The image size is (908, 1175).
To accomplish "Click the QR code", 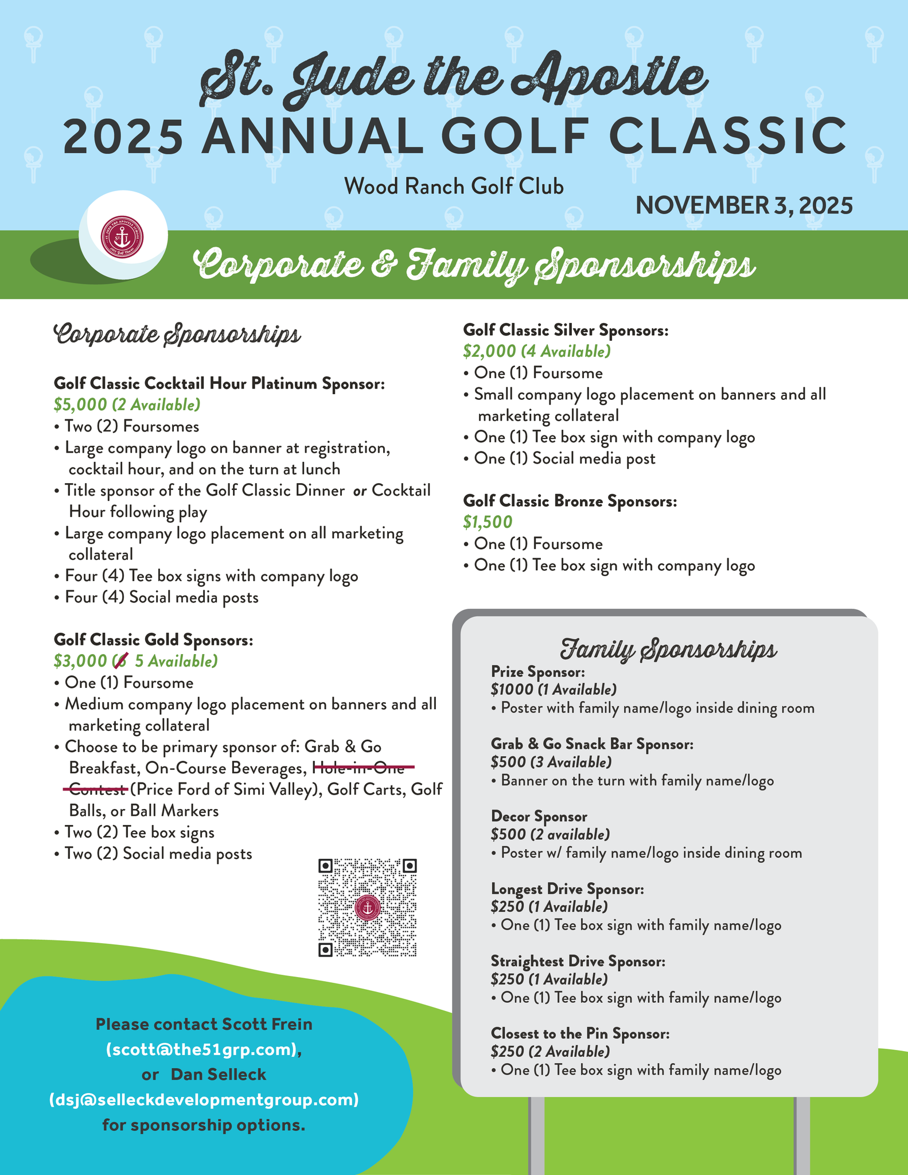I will [367, 907].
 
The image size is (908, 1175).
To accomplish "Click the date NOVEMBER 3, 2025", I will [743, 205].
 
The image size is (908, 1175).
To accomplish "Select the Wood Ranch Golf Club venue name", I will [454, 186].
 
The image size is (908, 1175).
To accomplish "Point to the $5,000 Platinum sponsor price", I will [80, 405].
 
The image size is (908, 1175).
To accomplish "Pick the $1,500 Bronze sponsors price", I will [488, 522].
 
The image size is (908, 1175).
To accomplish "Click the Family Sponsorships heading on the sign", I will [668, 649].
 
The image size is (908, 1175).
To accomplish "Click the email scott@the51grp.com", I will [204, 1049].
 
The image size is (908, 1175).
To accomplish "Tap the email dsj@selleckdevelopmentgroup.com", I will [204, 1100].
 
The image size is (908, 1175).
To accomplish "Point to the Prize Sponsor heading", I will [537, 671].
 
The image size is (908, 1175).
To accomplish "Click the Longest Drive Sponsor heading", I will [567, 889].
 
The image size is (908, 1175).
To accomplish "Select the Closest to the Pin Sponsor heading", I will [580, 1033].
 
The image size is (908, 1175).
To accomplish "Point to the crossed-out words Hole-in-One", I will [363, 768].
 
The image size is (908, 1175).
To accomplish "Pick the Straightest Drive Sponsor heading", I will [578, 961].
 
